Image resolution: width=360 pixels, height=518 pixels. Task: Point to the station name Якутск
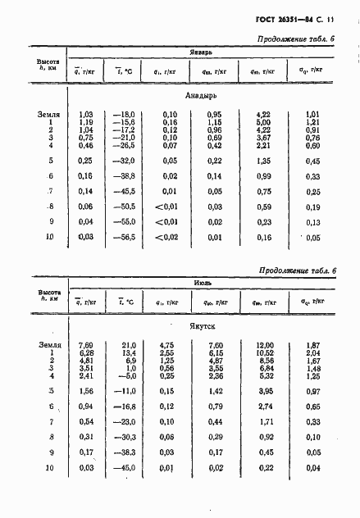203,325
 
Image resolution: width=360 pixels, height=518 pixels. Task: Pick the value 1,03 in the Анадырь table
84,116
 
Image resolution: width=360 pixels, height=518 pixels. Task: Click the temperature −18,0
123,116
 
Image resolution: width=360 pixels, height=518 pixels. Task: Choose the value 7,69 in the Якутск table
84,346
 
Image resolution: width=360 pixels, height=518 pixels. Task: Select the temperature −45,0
123,467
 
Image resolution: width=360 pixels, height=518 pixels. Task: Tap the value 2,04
312,353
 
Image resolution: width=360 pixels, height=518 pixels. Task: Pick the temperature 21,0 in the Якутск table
125,346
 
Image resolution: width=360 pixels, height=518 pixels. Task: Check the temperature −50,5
123,207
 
